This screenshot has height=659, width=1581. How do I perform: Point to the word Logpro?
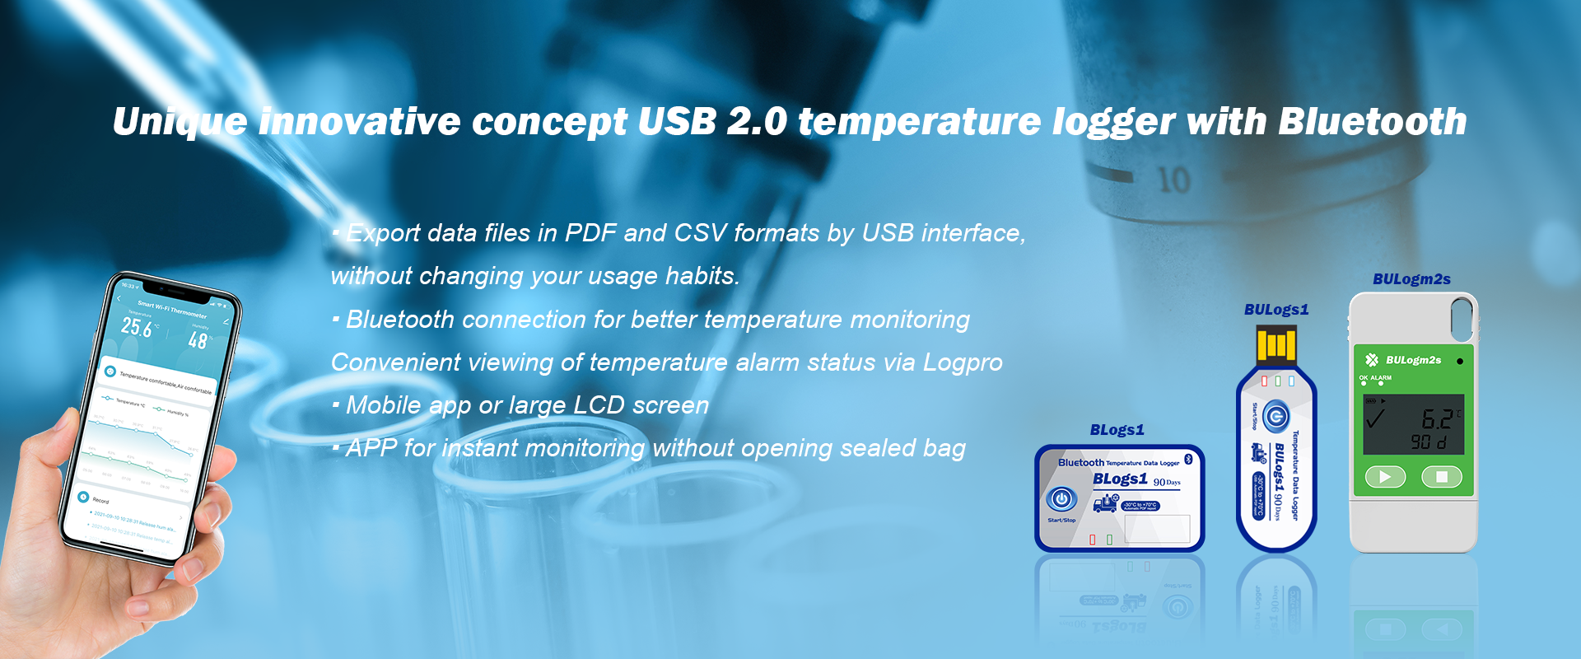(x=963, y=362)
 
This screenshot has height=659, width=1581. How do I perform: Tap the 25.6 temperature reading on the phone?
(x=137, y=327)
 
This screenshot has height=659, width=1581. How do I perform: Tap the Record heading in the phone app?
(x=100, y=500)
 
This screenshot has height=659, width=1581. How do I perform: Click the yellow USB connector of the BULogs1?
(x=1276, y=344)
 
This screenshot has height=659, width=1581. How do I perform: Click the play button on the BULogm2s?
(x=1385, y=477)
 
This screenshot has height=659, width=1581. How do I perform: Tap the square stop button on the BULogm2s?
(x=1441, y=477)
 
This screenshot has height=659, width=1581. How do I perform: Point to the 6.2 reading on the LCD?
(x=1437, y=419)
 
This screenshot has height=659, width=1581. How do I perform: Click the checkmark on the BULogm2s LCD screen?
(x=1375, y=418)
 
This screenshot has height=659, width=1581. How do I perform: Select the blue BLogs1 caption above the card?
(x=1117, y=430)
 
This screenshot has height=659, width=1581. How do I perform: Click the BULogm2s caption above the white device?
(x=1411, y=279)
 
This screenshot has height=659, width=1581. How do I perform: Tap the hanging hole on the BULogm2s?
(x=1462, y=318)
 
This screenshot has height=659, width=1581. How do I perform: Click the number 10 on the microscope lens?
(x=1173, y=180)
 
